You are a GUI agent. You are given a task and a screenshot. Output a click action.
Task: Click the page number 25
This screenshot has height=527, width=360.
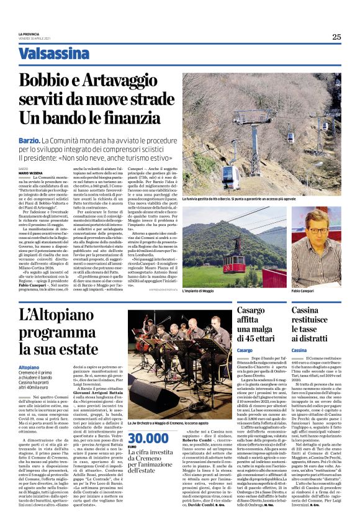[x=336, y=37]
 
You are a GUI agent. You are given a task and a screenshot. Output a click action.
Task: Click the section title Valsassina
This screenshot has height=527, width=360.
[x=53, y=53]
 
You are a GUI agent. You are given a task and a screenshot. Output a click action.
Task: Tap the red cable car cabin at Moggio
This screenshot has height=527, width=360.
[x=235, y=246]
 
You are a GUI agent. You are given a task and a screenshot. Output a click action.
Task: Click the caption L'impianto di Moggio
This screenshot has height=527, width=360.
[x=200, y=291]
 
